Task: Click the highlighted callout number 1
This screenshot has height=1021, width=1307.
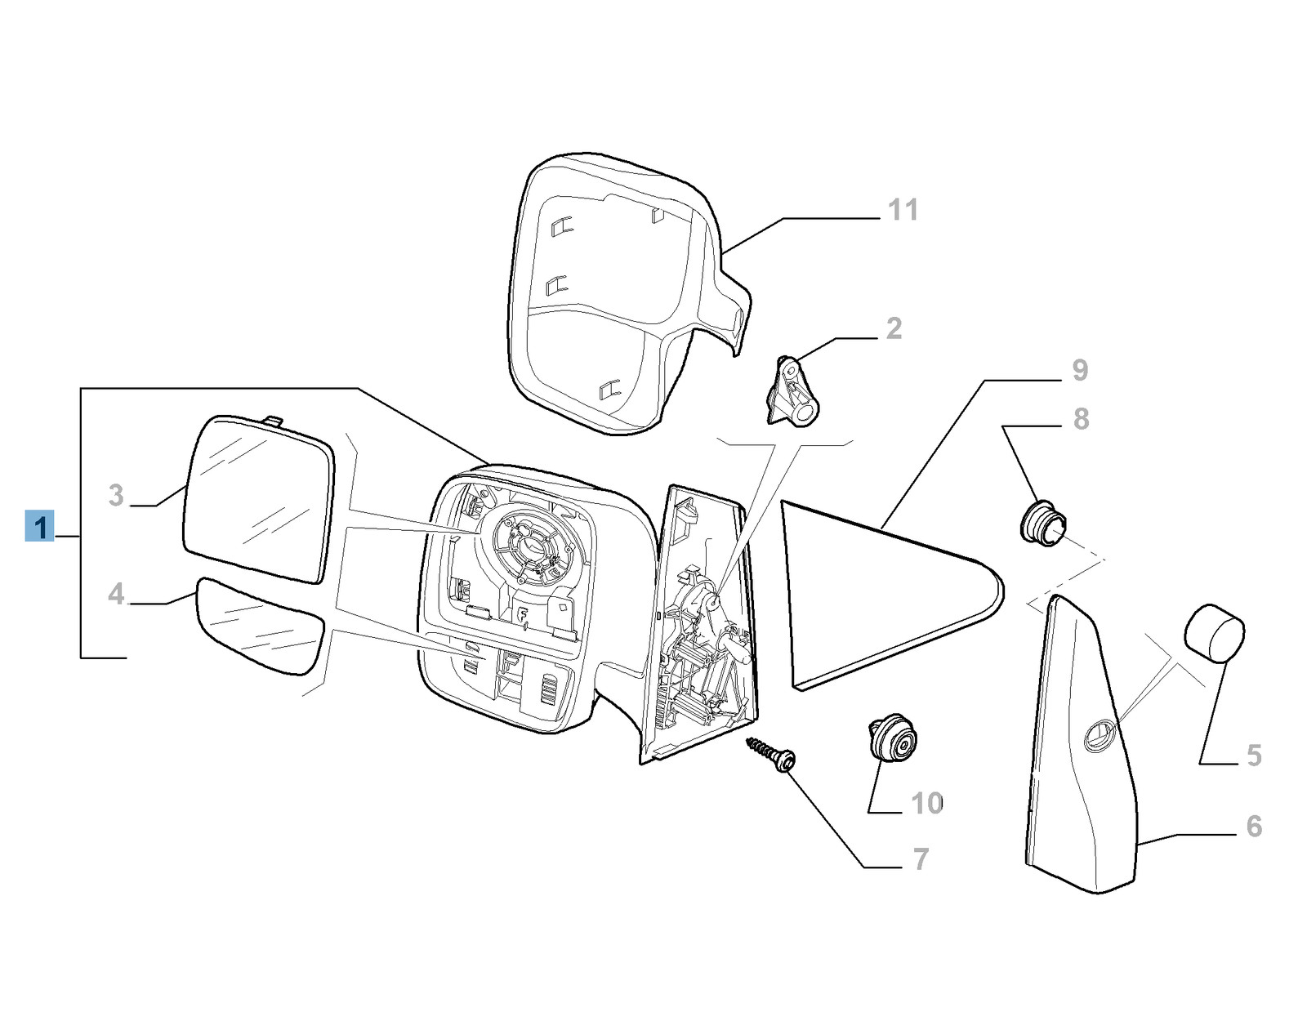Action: tap(40, 526)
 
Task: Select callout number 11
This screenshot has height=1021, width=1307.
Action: tap(903, 210)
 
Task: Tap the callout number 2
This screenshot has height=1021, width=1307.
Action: tap(894, 328)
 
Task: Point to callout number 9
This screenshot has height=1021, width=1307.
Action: tap(1080, 370)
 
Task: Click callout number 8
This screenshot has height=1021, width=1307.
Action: tap(1081, 419)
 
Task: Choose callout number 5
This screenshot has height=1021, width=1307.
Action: tap(1254, 756)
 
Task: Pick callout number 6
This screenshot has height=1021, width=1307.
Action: tap(1254, 827)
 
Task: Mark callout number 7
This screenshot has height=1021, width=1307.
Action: tap(921, 859)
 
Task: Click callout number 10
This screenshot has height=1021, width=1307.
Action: tap(927, 803)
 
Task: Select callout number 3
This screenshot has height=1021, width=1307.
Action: tap(116, 495)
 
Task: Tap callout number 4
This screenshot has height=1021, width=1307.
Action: tap(116, 594)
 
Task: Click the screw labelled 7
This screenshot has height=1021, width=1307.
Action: tap(772, 755)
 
